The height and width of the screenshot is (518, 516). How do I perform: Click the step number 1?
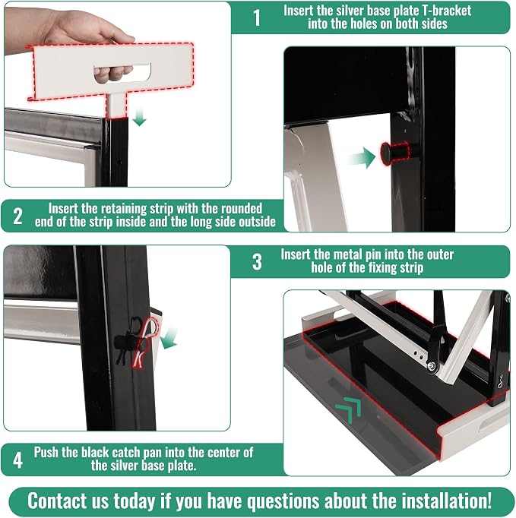click(257, 17)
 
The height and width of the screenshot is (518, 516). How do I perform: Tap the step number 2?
click(17, 216)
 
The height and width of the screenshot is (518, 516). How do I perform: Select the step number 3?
click(257, 262)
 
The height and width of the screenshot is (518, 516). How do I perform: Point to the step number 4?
click(17, 460)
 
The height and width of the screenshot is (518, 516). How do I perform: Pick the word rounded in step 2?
click(242, 209)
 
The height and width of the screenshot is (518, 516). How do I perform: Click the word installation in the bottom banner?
click(447, 501)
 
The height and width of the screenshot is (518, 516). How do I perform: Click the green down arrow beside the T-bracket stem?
click(140, 118)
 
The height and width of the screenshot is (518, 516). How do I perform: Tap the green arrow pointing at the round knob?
click(361, 157)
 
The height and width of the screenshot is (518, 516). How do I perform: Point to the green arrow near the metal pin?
click(169, 338)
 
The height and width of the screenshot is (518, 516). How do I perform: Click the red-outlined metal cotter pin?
click(144, 343)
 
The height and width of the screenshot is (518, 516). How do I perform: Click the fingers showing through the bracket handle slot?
click(113, 73)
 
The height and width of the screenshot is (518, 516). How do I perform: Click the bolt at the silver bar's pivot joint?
click(432, 365)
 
